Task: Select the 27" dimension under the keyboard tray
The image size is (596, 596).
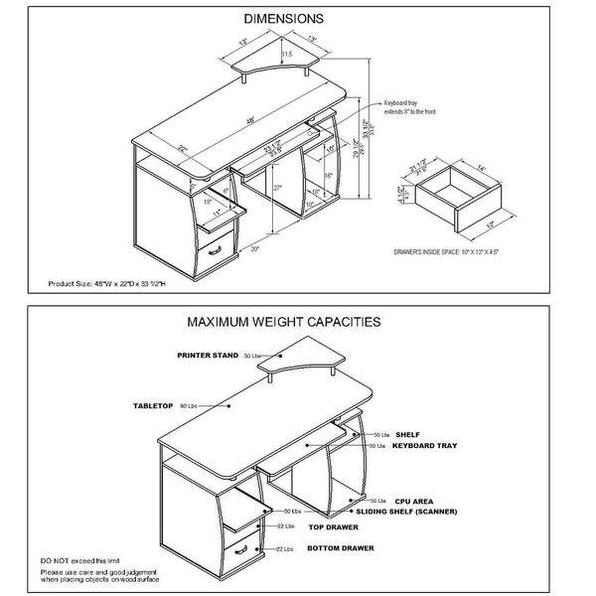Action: pos(277,188)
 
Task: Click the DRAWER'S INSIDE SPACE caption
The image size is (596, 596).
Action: pos(446,253)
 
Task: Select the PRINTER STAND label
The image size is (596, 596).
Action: pos(208,354)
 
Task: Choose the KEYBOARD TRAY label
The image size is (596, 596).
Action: pos(424,447)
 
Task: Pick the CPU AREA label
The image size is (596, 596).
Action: pos(414,502)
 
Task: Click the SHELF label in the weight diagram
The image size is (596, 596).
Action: pos(407,435)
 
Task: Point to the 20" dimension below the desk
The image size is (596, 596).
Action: pos(256,248)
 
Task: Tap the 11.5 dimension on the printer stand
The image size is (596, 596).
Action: pos(286,53)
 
